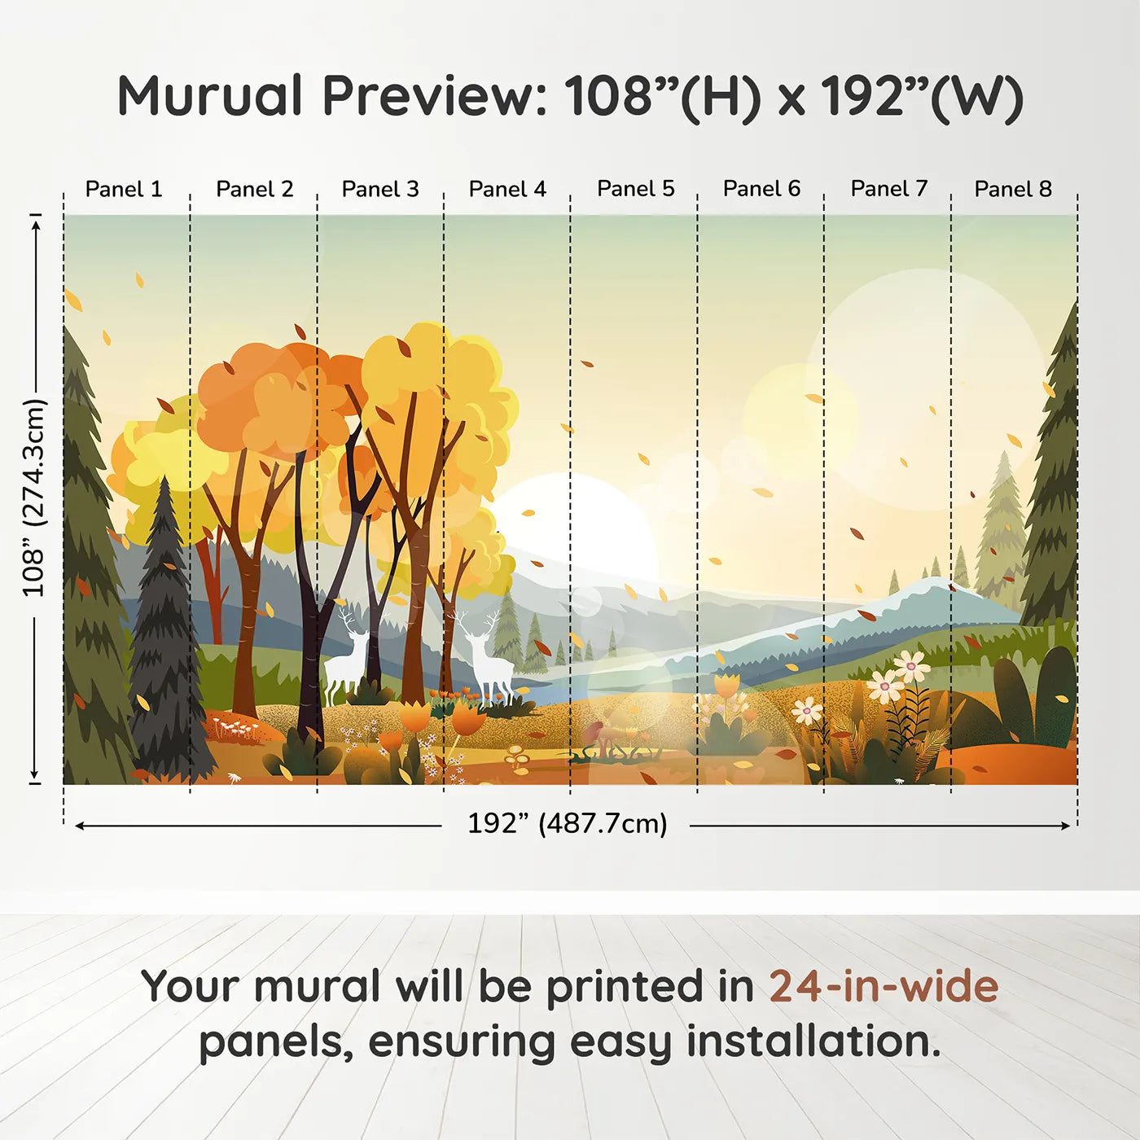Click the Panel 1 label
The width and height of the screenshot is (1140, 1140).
click(124, 189)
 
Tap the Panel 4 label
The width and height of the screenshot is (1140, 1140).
click(507, 189)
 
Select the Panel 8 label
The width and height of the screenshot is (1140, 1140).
click(1013, 189)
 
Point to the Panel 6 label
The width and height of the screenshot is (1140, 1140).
click(761, 189)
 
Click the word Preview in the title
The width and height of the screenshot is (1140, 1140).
click(435, 96)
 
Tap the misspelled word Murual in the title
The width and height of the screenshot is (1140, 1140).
click(210, 96)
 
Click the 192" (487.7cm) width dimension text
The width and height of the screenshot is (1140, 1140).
click(567, 823)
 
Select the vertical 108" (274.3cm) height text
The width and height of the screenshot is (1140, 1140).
click(34, 498)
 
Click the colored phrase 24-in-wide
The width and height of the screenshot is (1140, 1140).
click(883, 986)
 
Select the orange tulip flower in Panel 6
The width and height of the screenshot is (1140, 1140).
click(726, 686)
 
